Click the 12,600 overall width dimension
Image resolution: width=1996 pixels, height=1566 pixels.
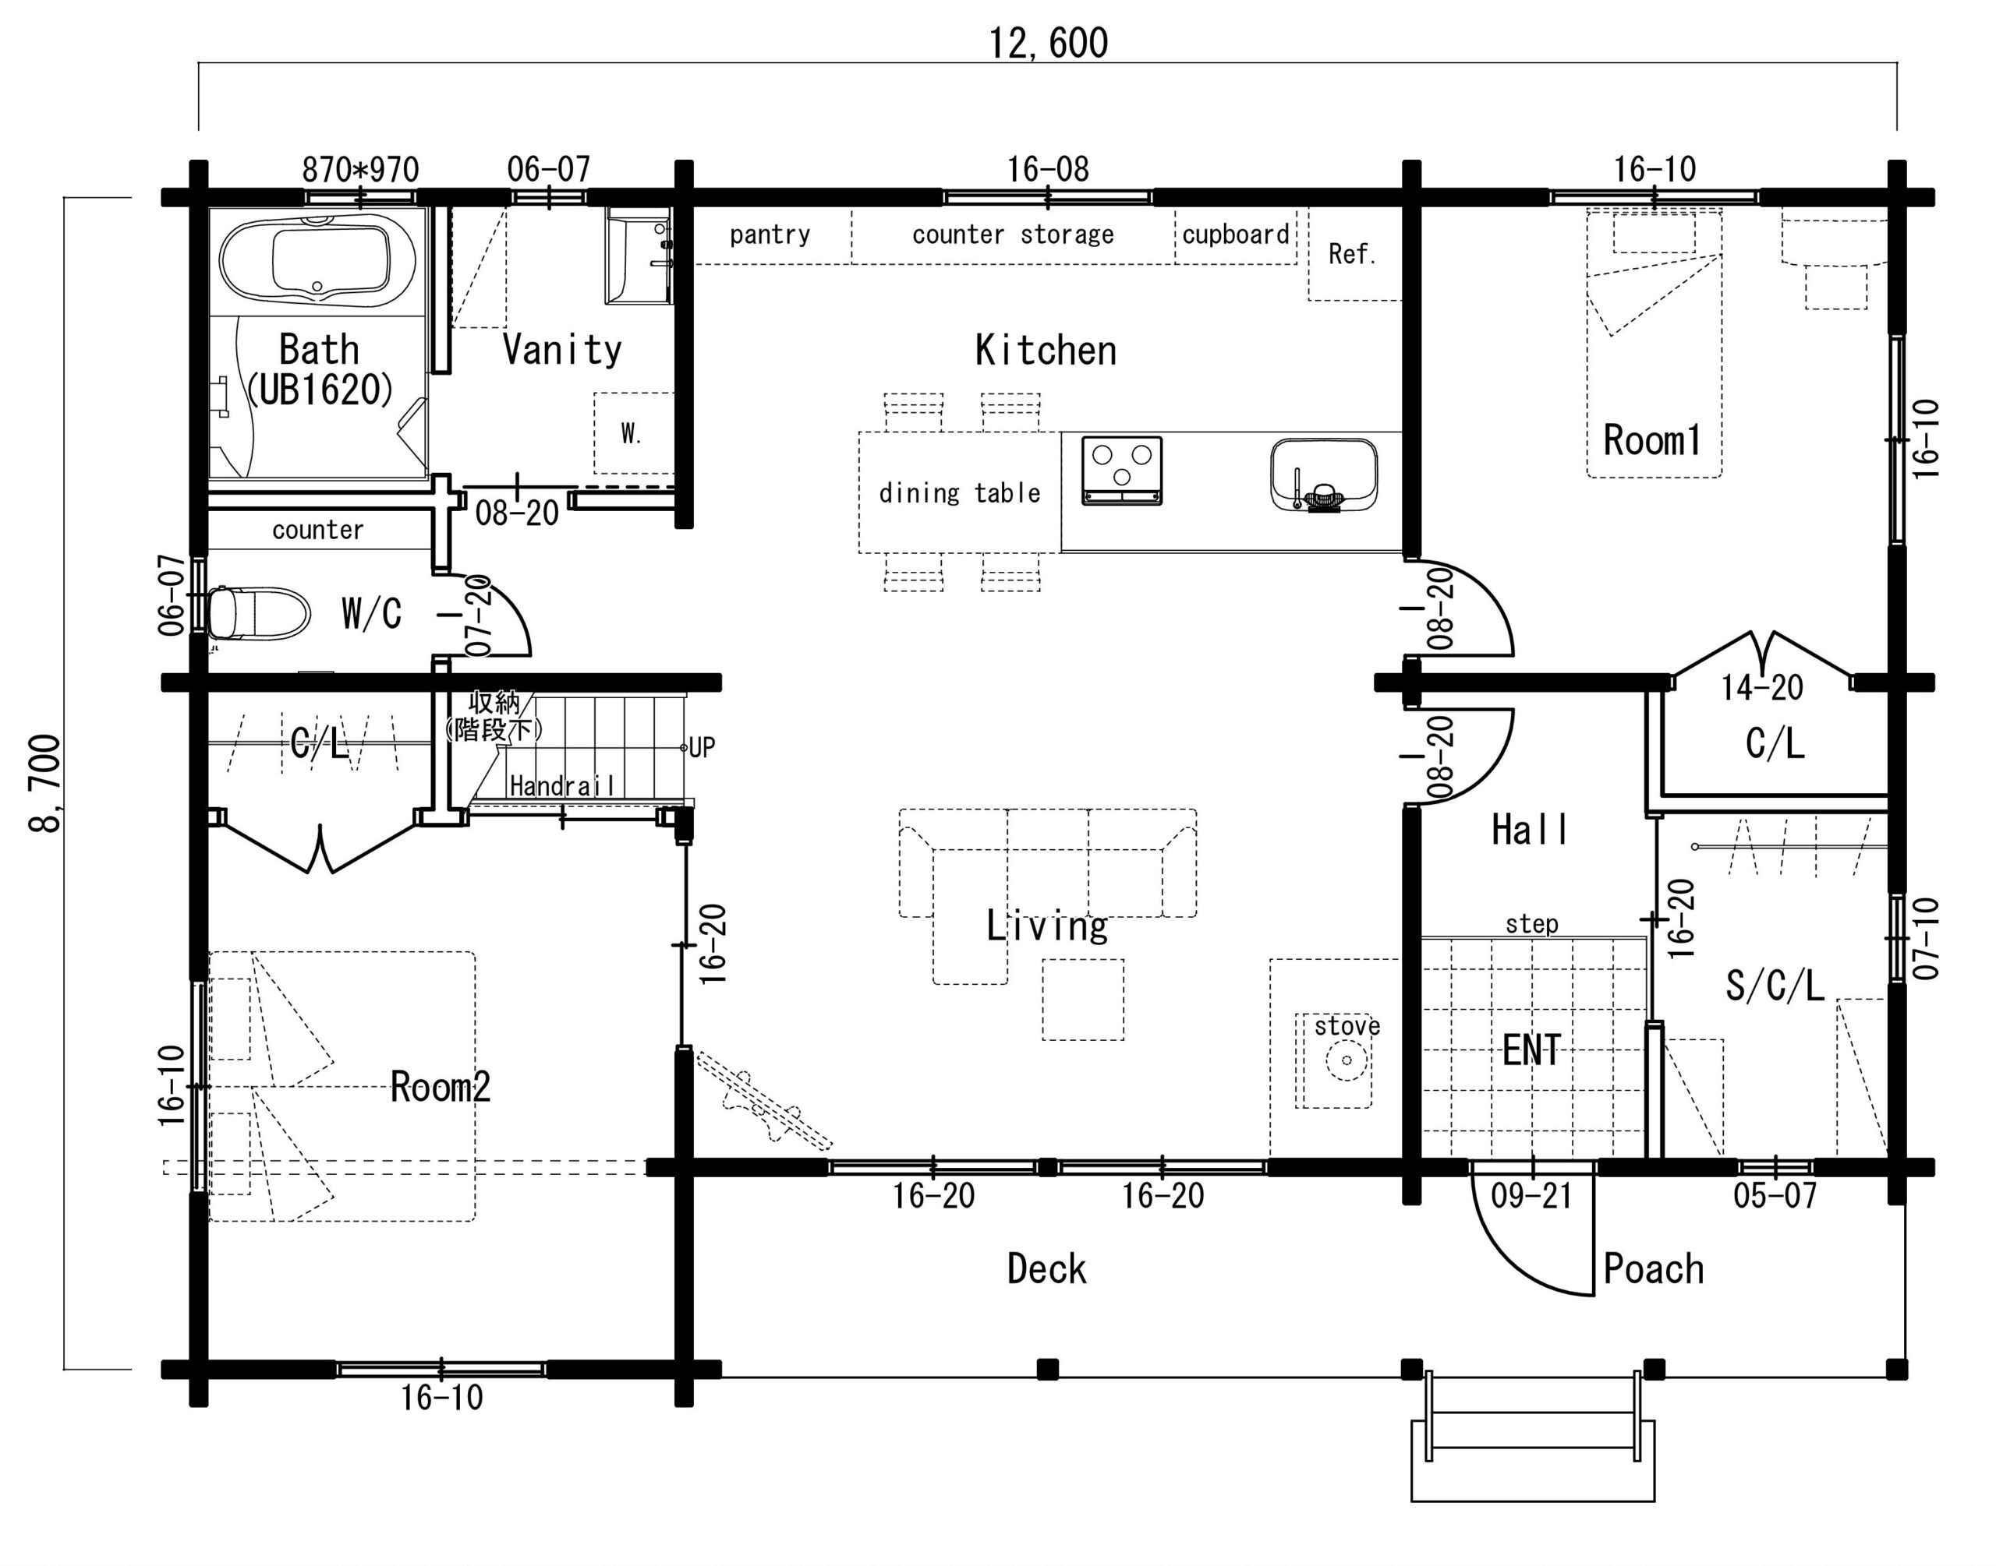1048,43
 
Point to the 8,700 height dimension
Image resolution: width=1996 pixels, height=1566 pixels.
45,783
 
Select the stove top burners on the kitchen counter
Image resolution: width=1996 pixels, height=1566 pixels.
1122,471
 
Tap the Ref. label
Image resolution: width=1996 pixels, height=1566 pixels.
1352,254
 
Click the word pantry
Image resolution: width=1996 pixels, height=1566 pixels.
770,235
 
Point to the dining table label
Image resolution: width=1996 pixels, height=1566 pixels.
960,493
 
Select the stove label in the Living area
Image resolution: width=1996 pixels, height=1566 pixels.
1347,1025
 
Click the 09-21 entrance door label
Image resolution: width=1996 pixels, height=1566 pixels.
1531,1196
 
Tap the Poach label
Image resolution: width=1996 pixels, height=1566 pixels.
1653,1269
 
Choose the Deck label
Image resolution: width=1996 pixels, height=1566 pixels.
1046,1269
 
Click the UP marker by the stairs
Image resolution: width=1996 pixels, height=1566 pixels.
702,747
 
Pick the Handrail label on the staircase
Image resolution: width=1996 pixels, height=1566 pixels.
562,786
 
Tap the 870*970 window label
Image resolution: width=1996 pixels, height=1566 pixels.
360,170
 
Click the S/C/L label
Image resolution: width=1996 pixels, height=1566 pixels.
1774,986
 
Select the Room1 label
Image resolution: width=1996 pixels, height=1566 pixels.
1651,440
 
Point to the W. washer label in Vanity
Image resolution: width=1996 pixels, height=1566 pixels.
631,432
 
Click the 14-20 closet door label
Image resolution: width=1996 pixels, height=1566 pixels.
1761,688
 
